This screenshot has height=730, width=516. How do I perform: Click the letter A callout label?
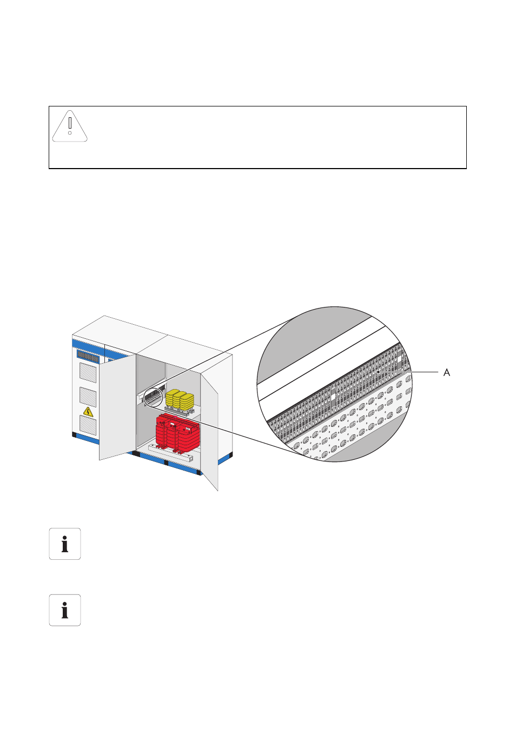(447, 372)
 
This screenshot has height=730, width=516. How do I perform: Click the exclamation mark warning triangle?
(70, 126)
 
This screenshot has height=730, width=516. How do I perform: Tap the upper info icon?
(65, 544)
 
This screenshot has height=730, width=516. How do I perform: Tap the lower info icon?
(65, 610)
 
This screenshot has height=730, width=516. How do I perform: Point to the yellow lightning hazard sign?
(88, 412)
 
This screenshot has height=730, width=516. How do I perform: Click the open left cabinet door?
(117, 407)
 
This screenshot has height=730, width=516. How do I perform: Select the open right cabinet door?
(209, 430)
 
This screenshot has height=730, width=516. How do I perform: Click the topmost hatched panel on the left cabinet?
(88, 373)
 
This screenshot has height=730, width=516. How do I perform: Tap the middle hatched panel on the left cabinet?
(88, 397)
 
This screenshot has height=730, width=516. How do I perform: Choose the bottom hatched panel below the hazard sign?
(88, 425)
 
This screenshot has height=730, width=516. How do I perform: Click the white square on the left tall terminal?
(333, 397)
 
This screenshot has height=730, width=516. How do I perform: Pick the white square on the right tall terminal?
(399, 359)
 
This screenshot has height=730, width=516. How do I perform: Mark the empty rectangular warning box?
(257, 137)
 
